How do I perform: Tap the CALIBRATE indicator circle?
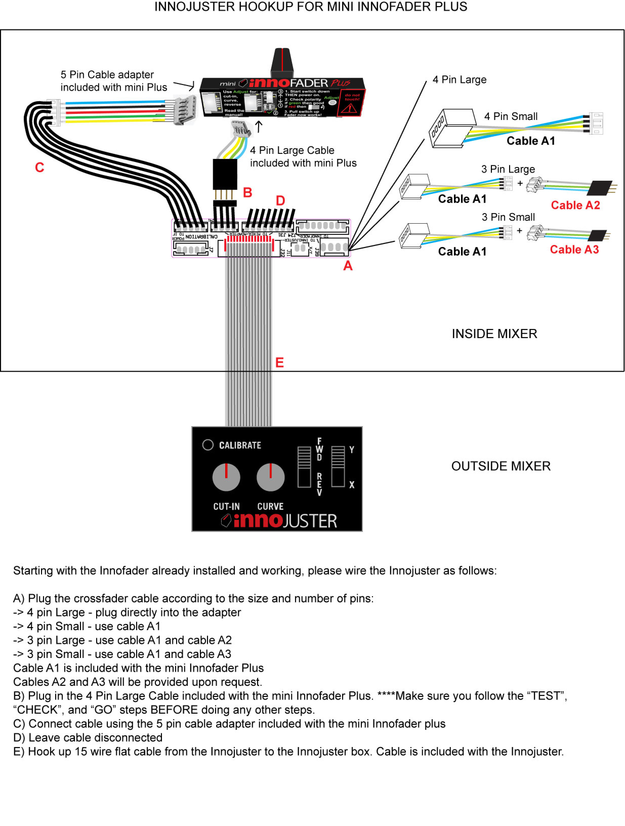(207, 444)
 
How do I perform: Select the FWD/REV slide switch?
(304, 466)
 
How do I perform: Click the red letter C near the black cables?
(39, 167)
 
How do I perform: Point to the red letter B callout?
(247, 193)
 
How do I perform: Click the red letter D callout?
(280, 201)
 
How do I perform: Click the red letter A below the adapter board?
(348, 266)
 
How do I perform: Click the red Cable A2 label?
(575, 205)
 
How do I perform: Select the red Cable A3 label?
(574, 250)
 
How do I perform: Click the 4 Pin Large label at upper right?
(459, 79)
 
